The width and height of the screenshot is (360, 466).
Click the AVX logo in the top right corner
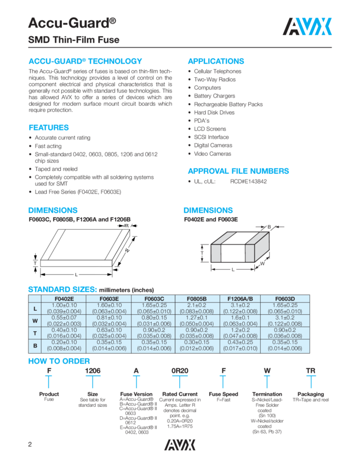click(x=307, y=26)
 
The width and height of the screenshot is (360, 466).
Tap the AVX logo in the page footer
click(x=180, y=442)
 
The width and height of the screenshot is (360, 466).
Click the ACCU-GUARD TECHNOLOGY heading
click(x=85, y=61)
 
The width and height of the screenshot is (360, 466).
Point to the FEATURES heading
click(x=48, y=128)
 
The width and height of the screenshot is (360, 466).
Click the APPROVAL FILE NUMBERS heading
click(x=238, y=171)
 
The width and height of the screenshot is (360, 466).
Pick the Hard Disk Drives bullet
click(x=214, y=112)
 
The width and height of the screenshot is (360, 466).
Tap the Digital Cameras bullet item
click(x=213, y=145)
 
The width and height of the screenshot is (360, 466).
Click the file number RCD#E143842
click(x=248, y=181)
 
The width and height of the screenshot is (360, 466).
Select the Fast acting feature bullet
click(x=48, y=146)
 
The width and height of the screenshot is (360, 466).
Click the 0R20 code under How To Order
click(x=180, y=371)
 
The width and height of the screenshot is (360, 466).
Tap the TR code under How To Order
click(x=311, y=371)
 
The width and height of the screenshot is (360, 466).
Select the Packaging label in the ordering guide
click(x=311, y=394)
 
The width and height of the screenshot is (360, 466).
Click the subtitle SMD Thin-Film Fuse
click(x=73, y=40)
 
